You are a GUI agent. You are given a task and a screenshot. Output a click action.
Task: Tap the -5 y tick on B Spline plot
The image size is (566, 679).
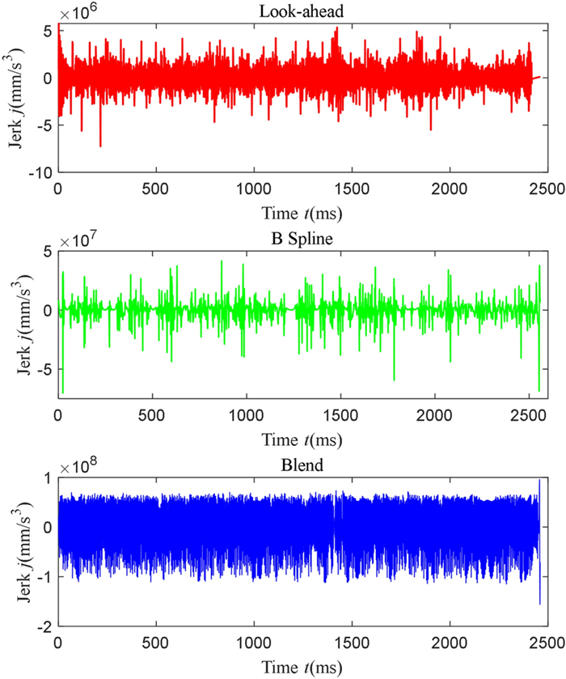pos(45,368)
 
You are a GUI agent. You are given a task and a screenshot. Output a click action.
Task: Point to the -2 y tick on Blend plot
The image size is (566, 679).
pos(45,627)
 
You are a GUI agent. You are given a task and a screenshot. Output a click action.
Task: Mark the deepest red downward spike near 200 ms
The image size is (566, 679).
pos(100,146)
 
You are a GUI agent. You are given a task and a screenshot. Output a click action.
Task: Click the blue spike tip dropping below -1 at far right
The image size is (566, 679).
pos(539,603)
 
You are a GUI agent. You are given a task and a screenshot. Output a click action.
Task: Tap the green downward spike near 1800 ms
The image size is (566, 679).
pos(395,380)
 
